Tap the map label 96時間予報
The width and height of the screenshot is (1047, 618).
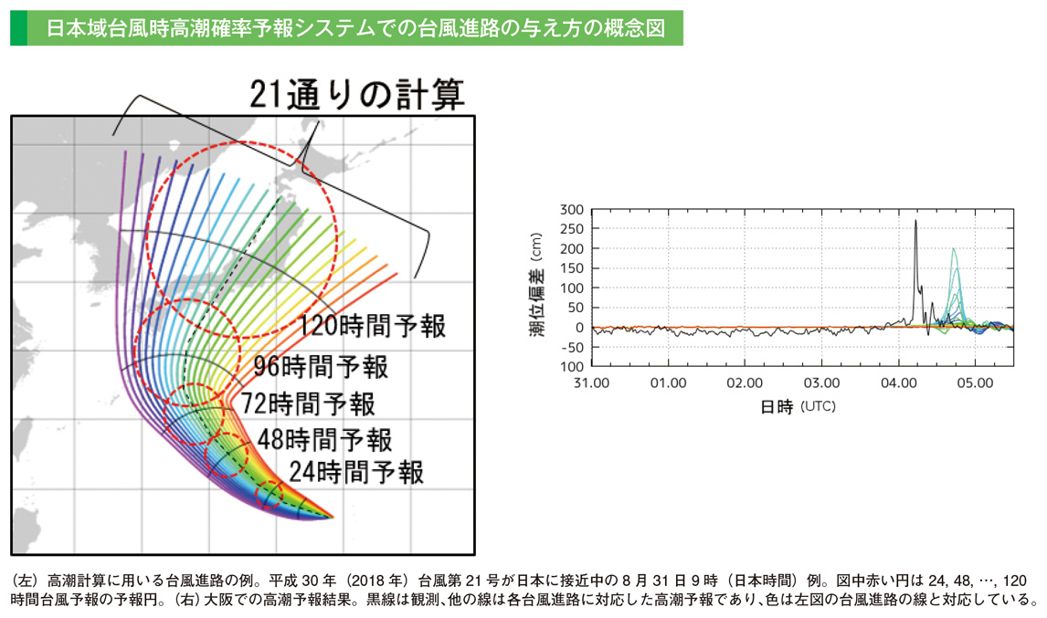[x=322, y=367]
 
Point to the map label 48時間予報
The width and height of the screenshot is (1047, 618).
[x=324, y=439]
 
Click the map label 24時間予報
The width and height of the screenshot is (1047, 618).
[x=356, y=472]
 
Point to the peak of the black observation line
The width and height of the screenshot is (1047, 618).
[x=915, y=220]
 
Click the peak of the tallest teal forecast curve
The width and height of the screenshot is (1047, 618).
[x=954, y=248]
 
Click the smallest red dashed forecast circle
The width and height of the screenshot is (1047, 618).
[x=271, y=496]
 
